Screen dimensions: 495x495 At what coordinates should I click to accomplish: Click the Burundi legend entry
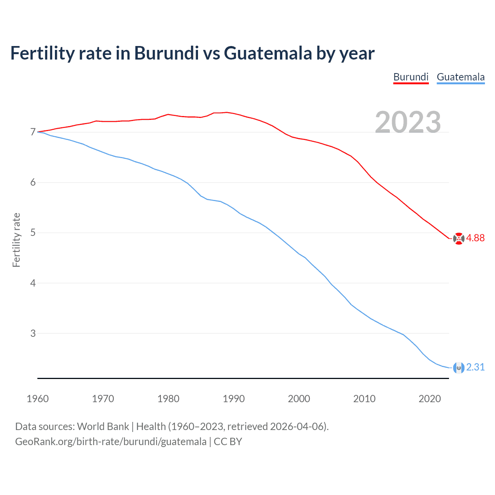coord(411,77)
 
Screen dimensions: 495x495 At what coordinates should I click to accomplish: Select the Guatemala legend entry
coord(461,77)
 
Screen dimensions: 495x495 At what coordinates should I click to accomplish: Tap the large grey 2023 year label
coord(408,122)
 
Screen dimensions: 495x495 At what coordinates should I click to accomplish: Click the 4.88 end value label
coord(475,238)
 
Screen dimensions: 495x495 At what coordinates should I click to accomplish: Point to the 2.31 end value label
coord(475,367)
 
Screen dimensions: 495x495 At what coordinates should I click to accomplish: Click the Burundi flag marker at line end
coord(459,239)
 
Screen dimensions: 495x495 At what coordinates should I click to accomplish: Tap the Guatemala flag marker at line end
coord(459,368)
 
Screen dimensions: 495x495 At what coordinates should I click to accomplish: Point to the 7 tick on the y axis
coord(33,132)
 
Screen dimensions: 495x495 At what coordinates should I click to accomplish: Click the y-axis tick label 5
coord(33,233)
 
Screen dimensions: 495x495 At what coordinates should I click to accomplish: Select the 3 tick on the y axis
coord(33,333)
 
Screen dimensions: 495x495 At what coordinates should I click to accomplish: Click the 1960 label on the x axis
coord(38,399)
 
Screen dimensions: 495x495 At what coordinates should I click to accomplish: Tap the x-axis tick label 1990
coord(234,399)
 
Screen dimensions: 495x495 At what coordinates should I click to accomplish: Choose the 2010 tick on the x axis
coord(364,399)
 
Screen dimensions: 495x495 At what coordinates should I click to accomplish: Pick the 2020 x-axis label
coord(430,399)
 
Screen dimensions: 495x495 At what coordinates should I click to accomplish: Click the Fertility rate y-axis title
coord(16,240)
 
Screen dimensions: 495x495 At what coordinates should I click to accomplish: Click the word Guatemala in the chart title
coord(268,53)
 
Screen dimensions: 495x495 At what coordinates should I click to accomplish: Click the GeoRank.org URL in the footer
coord(111,442)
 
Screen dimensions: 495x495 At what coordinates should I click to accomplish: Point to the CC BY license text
coord(228,442)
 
